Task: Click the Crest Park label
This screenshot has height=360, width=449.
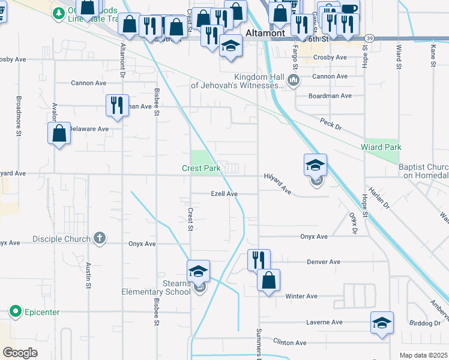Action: coord(201,169)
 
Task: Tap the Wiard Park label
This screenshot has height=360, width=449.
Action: coord(381,147)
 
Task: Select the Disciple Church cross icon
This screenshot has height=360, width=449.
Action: coord(100,238)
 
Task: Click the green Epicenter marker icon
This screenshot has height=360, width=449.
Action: coord(16,311)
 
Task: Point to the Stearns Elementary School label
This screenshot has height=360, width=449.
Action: coord(156,287)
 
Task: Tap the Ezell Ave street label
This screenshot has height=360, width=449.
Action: coord(224,194)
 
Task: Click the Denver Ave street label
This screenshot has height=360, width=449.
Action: coord(323,262)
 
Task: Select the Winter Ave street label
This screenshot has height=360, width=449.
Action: coord(301,296)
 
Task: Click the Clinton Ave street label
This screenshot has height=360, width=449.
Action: coord(290,343)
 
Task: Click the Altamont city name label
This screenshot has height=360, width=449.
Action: coord(265,34)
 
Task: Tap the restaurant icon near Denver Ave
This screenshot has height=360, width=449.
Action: coord(259,260)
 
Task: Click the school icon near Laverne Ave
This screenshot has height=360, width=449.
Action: coord(382,323)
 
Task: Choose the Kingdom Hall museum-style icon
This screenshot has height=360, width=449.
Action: coord(294,80)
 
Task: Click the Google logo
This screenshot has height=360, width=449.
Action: coord(20,353)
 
